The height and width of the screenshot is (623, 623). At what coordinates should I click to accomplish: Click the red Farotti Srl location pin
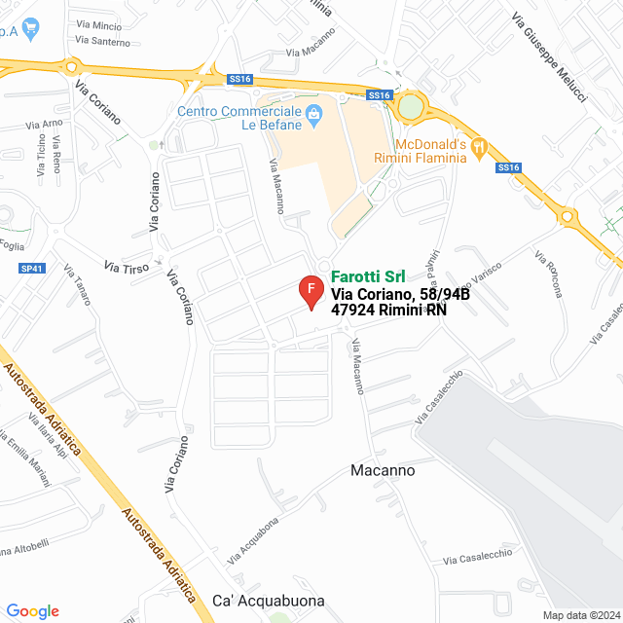click(311, 291)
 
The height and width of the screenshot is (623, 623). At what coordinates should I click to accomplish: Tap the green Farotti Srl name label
click(368, 275)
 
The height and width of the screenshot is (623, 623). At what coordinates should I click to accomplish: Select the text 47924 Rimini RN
click(388, 311)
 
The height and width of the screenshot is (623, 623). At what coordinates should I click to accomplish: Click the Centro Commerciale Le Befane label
click(238, 118)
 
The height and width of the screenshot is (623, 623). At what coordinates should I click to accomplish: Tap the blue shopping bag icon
click(314, 117)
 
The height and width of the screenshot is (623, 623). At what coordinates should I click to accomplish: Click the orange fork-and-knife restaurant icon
click(479, 147)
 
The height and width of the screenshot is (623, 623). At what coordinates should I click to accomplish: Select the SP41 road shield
click(32, 268)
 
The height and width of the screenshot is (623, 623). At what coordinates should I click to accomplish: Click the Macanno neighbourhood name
click(382, 470)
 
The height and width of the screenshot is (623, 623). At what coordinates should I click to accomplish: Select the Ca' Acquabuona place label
click(268, 601)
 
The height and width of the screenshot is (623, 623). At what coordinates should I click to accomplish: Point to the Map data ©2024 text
click(581, 615)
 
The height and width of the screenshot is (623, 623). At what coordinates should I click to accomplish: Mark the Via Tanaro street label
click(77, 284)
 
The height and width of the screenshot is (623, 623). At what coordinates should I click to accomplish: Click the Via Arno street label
click(44, 124)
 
